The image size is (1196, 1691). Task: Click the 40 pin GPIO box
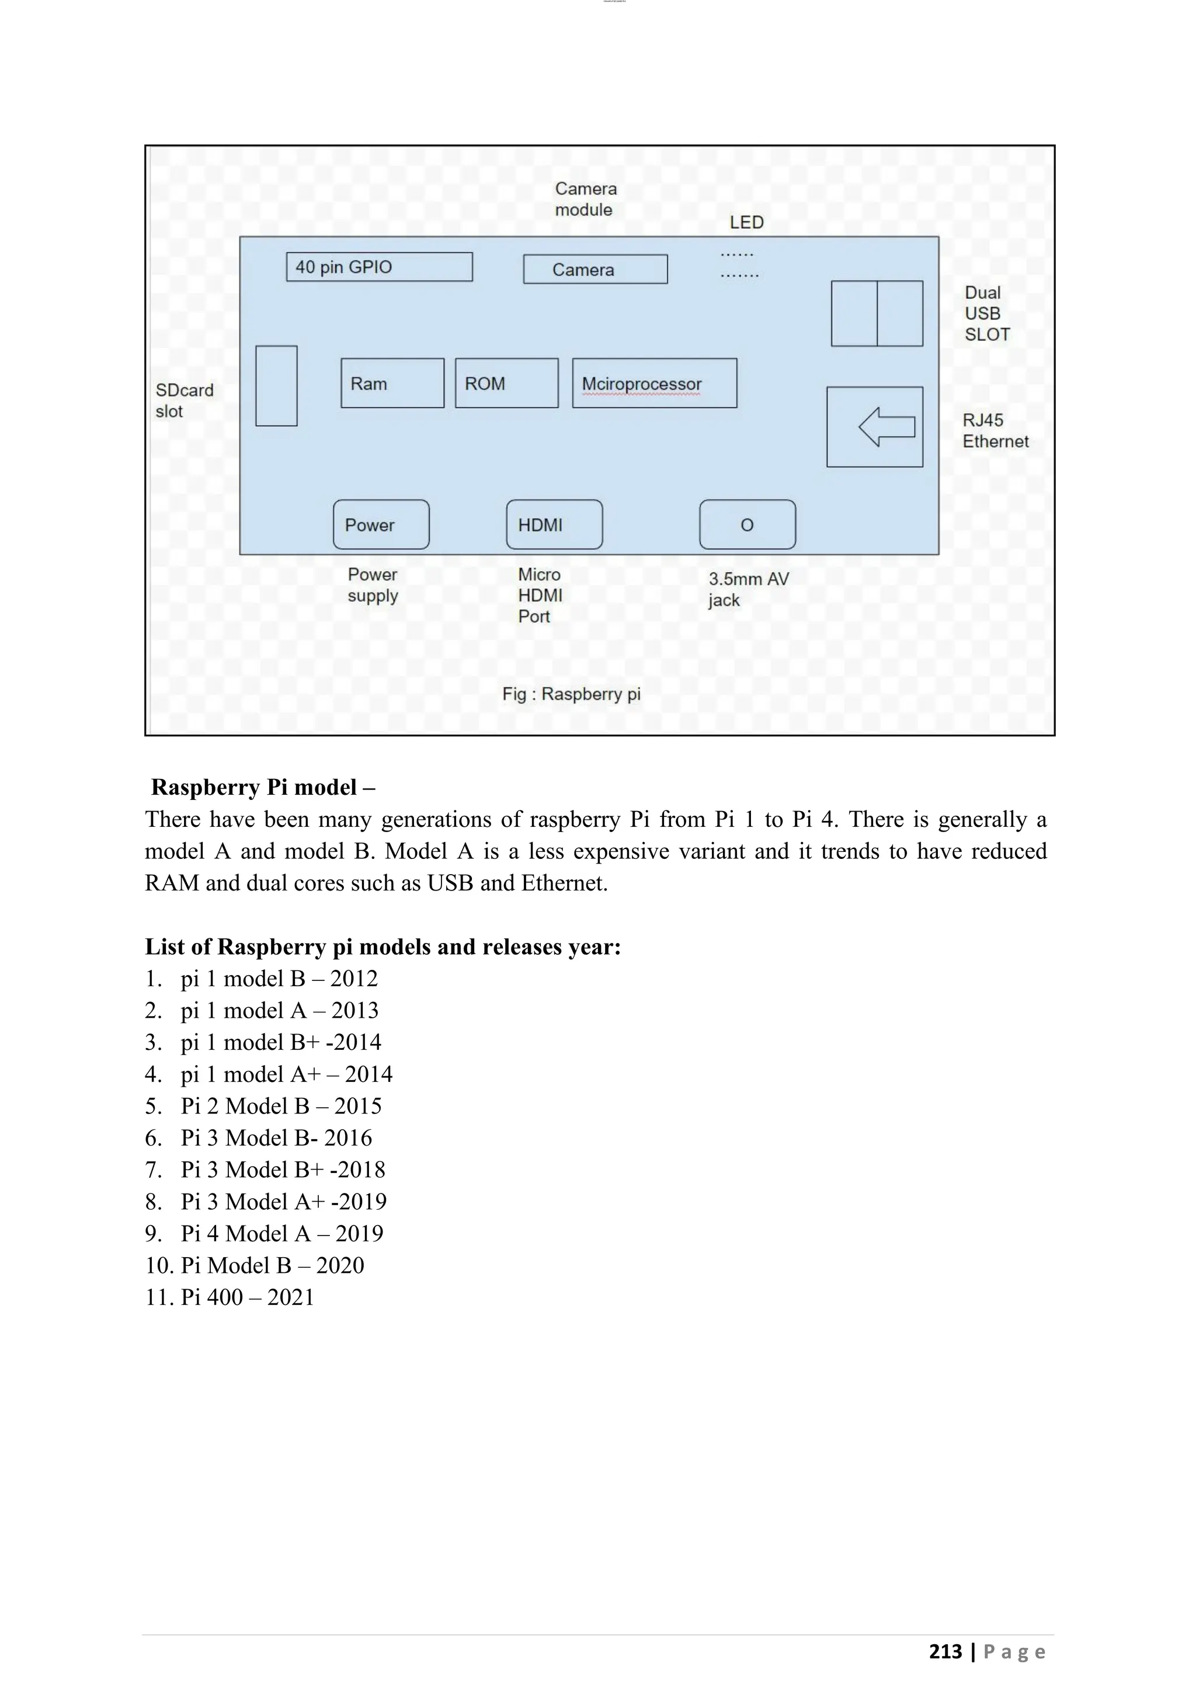(x=378, y=267)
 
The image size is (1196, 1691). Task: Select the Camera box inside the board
(x=595, y=270)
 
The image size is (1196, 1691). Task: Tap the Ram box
(x=392, y=383)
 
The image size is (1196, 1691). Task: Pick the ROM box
(x=507, y=383)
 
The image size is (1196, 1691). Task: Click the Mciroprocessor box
(x=654, y=383)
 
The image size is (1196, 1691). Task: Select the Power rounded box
(x=381, y=524)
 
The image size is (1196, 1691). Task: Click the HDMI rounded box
(x=554, y=524)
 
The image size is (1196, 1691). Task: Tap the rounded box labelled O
(x=747, y=524)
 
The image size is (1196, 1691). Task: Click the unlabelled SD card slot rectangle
(x=276, y=386)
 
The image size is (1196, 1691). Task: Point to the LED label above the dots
(x=746, y=222)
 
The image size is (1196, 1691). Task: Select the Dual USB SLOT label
(x=987, y=314)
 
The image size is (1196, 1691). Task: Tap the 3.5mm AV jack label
(x=747, y=589)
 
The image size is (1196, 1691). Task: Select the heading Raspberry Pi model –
(x=263, y=787)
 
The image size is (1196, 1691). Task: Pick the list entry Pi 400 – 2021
(x=248, y=1297)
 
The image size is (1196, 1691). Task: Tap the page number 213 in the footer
(x=945, y=1651)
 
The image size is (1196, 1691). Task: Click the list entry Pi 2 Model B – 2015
(x=280, y=1107)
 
